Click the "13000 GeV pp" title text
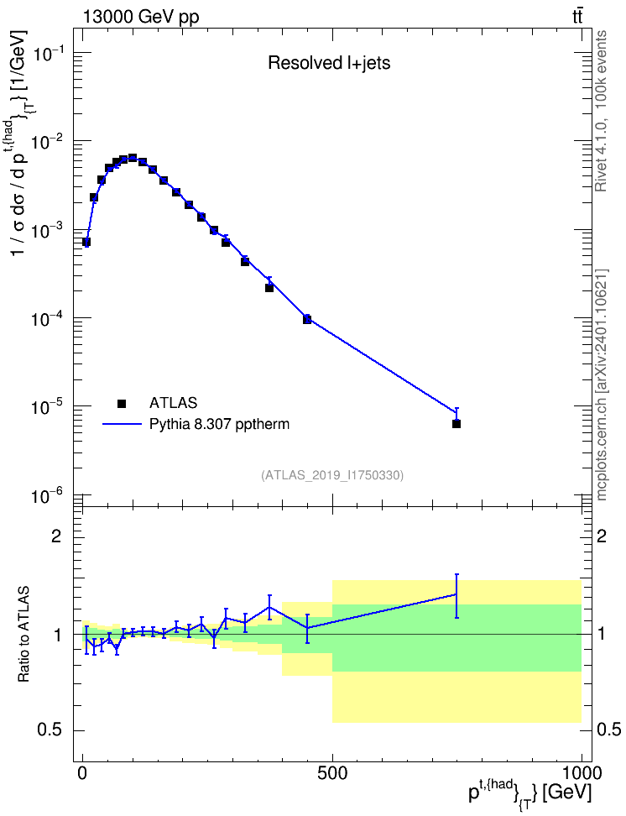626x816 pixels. point(140,18)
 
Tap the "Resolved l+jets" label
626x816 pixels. point(329,63)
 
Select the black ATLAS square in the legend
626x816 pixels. point(122,403)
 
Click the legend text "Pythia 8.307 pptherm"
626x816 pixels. point(219,425)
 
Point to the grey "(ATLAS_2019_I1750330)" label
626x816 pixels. point(332,475)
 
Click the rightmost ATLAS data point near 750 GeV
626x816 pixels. point(456,424)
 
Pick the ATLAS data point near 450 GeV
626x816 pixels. point(307,320)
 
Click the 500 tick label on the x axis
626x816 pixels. point(332,773)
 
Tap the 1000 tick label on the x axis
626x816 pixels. point(581,773)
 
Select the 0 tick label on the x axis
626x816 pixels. point(83,773)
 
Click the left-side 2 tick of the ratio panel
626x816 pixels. point(55,536)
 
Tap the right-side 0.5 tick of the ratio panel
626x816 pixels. point(608,730)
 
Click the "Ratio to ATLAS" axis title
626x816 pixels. point(23,634)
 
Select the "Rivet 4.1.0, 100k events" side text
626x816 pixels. point(601,111)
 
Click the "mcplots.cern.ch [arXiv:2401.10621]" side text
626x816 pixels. point(601,384)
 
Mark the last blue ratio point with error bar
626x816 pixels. point(456,594)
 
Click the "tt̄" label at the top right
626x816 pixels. point(576,17)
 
